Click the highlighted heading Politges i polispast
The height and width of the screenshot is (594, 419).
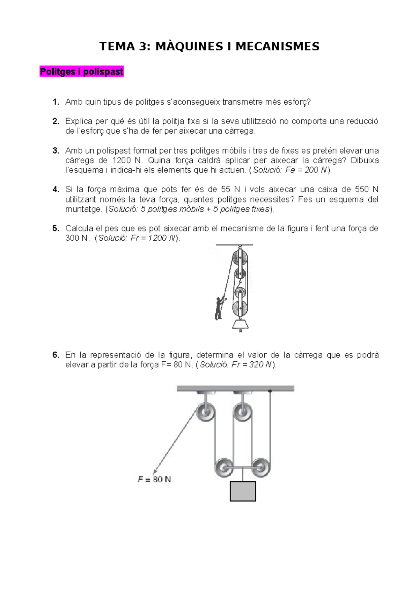82,72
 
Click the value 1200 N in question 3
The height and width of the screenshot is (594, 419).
127,161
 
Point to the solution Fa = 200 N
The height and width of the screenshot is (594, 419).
306,170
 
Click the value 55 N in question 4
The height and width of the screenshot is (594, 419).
230,190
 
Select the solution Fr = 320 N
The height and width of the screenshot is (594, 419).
251,365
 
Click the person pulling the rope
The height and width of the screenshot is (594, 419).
219,308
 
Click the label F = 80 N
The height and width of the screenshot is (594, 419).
154,479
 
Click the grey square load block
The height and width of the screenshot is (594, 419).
243,491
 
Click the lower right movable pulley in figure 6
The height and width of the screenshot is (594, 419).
260,467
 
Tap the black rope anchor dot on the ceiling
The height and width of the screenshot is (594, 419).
270,390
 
